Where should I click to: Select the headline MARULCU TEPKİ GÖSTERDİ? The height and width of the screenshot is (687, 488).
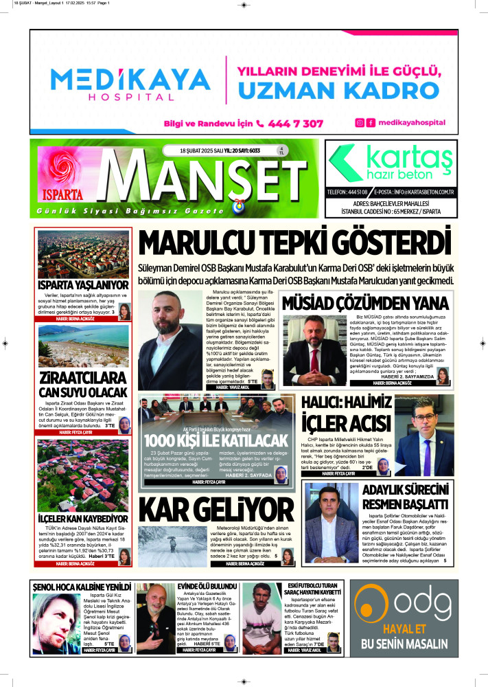point(295,243)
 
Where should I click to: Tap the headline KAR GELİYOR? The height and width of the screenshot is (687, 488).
point(206,510)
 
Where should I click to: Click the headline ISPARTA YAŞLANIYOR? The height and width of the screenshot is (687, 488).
point(83,284)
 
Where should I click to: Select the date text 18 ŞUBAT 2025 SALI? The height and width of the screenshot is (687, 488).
point(194,150)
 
